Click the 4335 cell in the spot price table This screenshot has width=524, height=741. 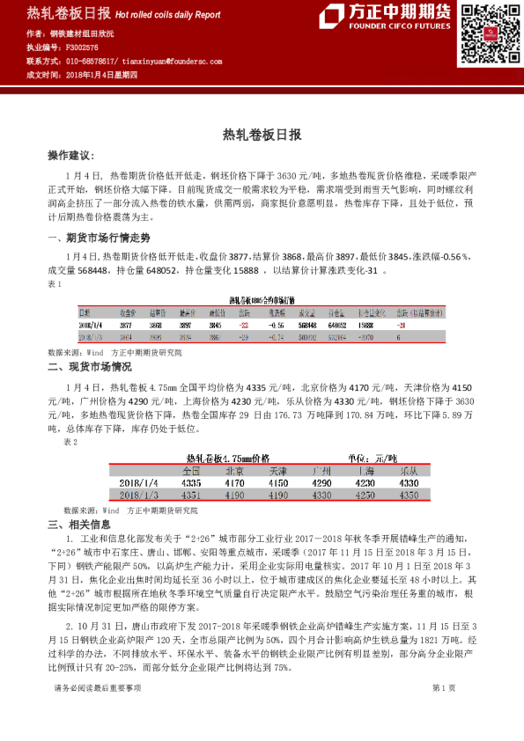190,483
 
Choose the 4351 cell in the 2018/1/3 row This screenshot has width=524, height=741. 190,495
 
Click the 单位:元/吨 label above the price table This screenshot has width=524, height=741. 373,459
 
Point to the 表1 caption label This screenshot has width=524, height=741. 54,284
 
